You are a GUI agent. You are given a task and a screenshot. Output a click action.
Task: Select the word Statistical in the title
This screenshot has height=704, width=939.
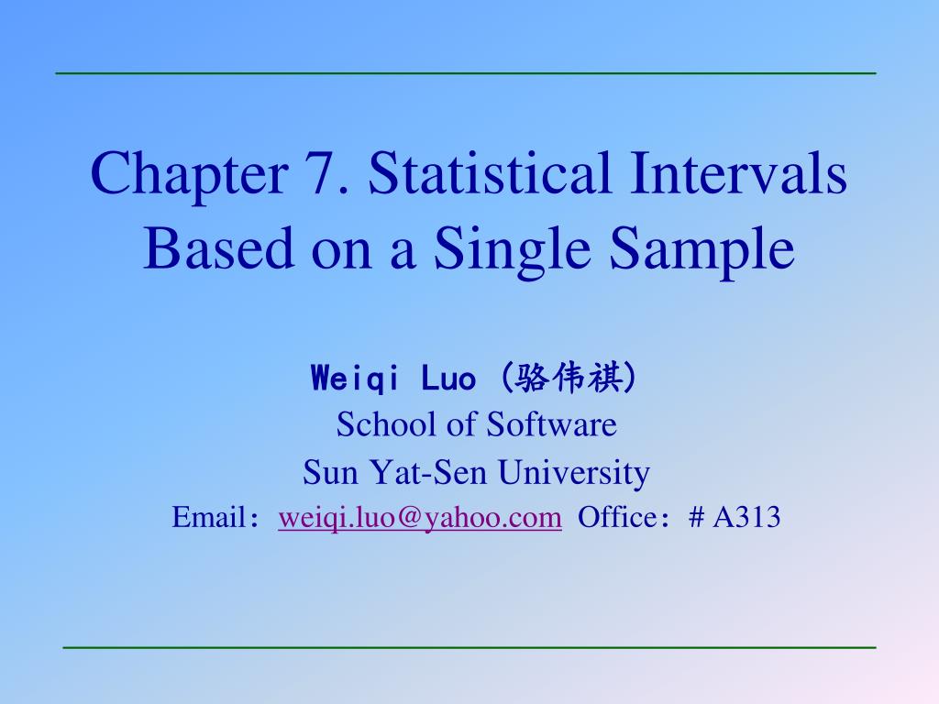pos(477,175)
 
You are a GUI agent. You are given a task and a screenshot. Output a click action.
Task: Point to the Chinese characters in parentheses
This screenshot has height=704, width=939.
pos(571,378)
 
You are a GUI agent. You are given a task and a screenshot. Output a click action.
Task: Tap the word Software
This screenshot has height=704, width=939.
pos(551,425)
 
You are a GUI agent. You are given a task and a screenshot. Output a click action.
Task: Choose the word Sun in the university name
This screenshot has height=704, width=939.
pos(324,474)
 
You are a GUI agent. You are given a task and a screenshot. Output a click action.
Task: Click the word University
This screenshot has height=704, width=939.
pos(574,474)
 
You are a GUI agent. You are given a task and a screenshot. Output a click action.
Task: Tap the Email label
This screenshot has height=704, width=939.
pos(206,519)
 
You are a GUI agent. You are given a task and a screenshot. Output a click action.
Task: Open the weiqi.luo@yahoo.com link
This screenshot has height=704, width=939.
pos(420,519)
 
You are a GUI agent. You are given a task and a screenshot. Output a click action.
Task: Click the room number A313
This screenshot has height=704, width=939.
pos(746,519)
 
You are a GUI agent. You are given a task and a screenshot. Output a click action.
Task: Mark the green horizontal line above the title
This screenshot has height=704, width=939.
pos(466,72)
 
